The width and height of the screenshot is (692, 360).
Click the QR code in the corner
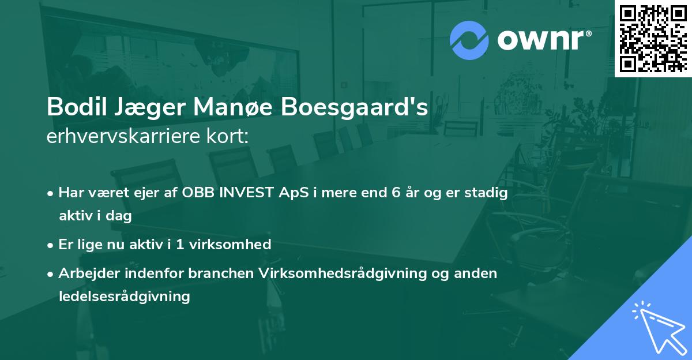coord(653,38)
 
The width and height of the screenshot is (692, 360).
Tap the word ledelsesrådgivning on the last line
coord(124,297)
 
